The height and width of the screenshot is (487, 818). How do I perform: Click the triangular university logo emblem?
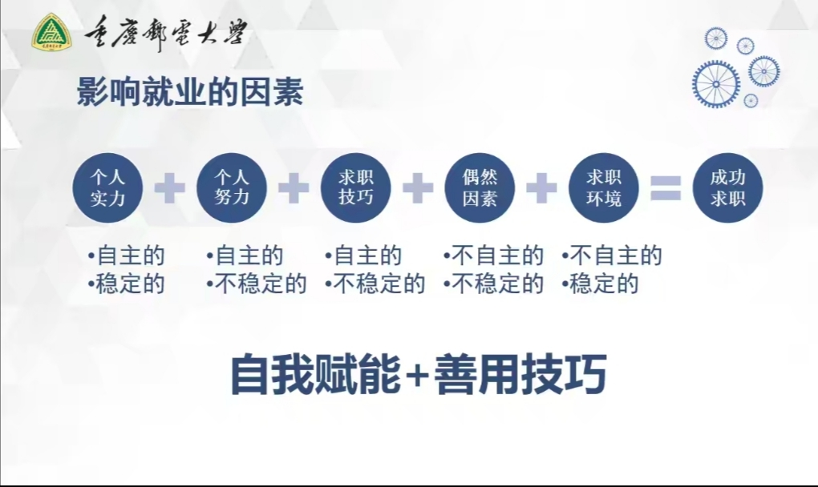tap(52, 32)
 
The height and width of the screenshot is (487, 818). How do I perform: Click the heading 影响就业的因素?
tap(190, 92)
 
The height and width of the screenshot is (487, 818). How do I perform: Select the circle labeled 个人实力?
tap(107, 188)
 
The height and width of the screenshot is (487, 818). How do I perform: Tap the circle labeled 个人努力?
tap(232, 188)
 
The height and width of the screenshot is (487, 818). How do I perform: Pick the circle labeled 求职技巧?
tap(356, 188)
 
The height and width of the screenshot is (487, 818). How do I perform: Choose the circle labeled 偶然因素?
tap(480, 188)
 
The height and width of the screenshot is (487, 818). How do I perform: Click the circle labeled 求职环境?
tap(604, 188)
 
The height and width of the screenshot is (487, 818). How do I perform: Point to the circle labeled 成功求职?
tap(727, 188)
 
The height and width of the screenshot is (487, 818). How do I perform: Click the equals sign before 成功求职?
tap(666, 188)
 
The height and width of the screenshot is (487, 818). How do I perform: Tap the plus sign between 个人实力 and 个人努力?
tap(169, 188)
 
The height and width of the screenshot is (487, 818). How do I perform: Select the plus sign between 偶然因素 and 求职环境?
tap(541, 188)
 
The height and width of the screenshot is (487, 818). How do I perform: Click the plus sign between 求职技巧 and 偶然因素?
tap(418, 188)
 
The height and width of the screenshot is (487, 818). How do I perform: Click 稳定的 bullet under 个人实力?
tap(126, 284)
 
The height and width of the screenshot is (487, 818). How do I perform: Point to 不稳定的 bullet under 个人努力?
tap(257, 284)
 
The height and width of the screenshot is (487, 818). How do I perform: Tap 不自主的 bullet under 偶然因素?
tap(493, 256)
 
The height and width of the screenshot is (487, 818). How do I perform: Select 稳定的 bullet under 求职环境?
tap(600, 284)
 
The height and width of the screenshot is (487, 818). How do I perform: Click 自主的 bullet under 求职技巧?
tap(363, 256)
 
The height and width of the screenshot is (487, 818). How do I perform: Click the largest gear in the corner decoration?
tap(715, 84)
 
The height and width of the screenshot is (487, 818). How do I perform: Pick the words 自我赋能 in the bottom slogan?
tap(316, 374)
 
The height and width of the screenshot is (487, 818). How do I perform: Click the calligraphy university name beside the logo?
tap(165, 32)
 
